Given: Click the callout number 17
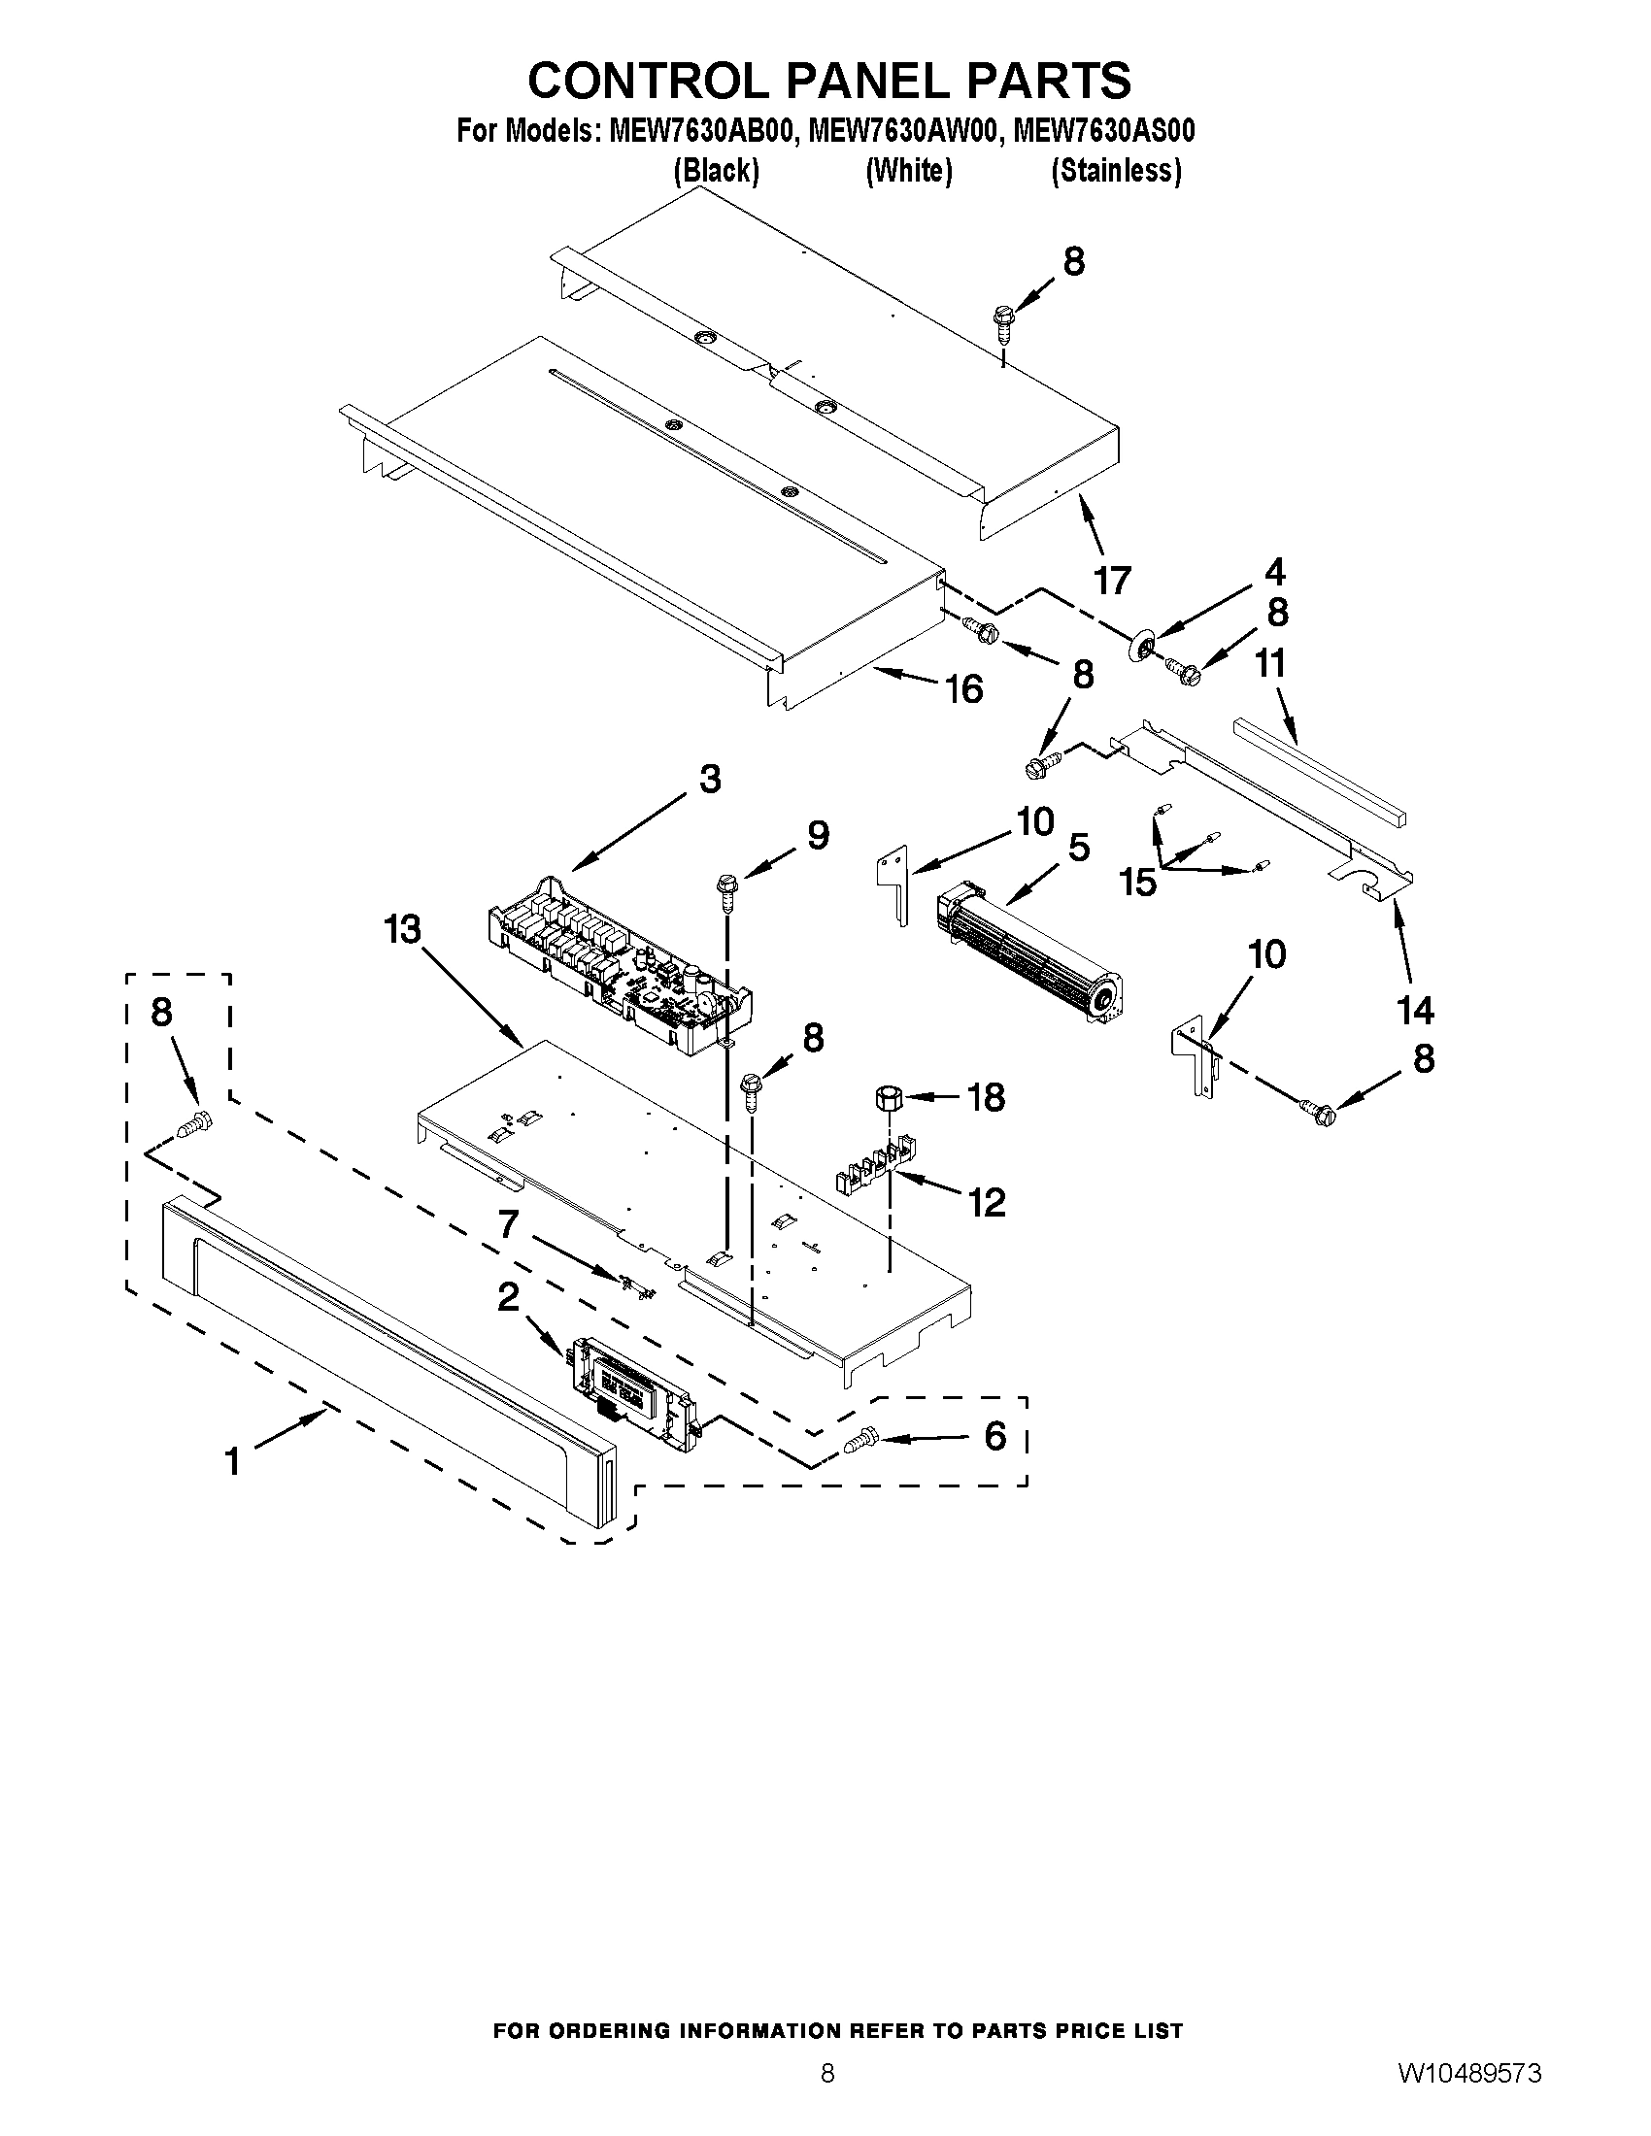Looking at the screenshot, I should tap(1112, 580).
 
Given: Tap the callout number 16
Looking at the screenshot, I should tap(963, 689).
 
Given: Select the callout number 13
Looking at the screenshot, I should tap(402, 929).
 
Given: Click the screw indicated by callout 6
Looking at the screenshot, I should tap(859, 1439).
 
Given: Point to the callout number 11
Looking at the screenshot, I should tap(1269, 664).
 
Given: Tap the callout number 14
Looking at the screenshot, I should tap(1415, 1010).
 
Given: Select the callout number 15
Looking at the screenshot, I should tap(1138, 883).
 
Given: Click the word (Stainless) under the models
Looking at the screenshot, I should tap(1116, 171).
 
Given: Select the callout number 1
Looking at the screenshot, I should tap(232, 1462).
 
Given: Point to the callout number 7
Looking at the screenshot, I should tap(508, 1224).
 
